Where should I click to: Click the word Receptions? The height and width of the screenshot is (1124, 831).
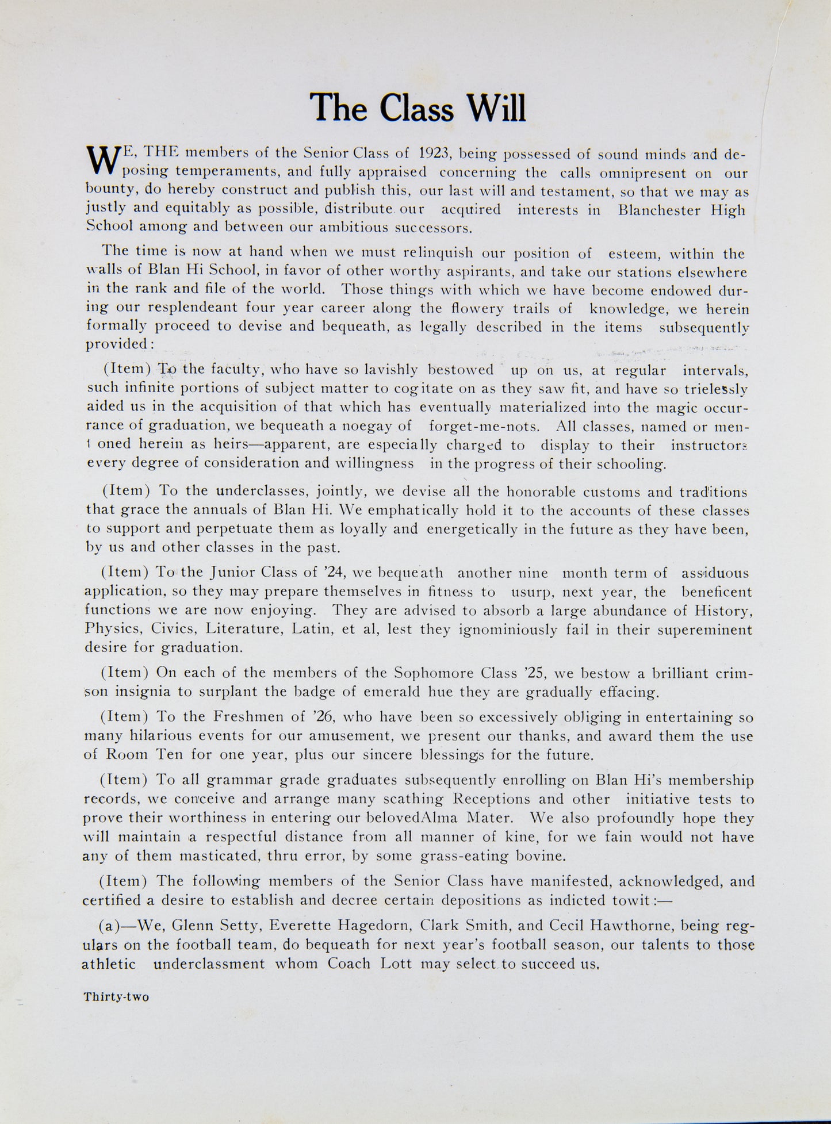pos(495,799)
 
